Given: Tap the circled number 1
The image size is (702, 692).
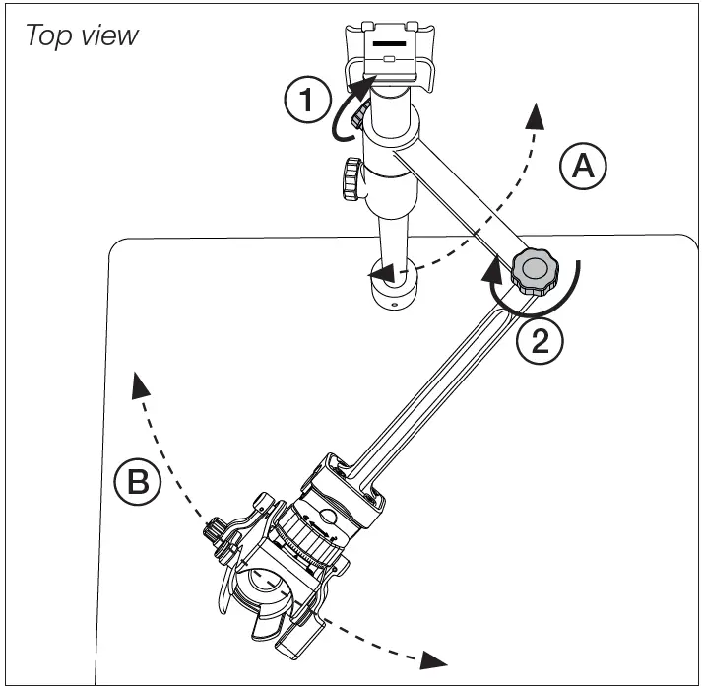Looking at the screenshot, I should (x=306, y=100).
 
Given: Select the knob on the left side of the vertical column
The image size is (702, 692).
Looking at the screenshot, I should (x=350, y=179).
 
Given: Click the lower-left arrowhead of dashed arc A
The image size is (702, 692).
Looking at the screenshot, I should (x=384, y=273).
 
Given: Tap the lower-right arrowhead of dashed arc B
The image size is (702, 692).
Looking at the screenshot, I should (x=430, y=658).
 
